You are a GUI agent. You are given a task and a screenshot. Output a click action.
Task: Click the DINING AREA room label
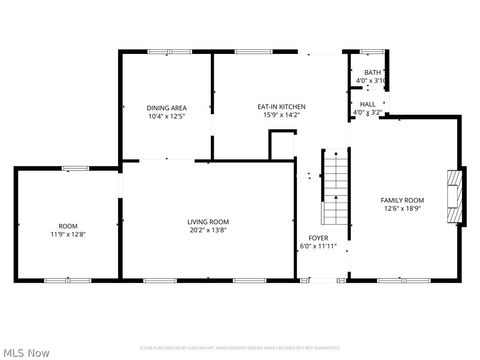point(166,107)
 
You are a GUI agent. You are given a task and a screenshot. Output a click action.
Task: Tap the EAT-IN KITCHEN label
point(281,107)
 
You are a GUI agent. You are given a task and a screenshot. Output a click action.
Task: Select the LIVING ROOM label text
point(208,221)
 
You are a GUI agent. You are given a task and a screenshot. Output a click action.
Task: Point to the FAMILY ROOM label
point(402,200)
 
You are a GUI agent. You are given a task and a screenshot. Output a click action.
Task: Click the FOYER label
point(318,237)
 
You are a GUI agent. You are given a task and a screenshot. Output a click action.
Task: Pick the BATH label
point(372,73)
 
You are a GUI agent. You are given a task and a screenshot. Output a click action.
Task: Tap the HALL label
point(368,104)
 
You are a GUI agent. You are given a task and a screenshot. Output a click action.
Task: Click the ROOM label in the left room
point(68,226)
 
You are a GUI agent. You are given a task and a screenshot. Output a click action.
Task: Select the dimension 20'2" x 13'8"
point(208,230)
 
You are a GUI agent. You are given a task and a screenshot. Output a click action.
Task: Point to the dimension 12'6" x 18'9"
point(402,209)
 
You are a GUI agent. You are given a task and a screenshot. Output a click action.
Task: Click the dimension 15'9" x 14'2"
point(281,115)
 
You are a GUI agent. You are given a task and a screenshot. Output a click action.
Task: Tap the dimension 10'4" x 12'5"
point(166,115)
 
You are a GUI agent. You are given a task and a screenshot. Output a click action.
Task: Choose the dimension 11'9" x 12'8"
point(68,234)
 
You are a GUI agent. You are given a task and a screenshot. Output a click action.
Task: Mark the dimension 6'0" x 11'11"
point(318,246)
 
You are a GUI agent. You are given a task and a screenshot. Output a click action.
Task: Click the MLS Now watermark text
point(27,352)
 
